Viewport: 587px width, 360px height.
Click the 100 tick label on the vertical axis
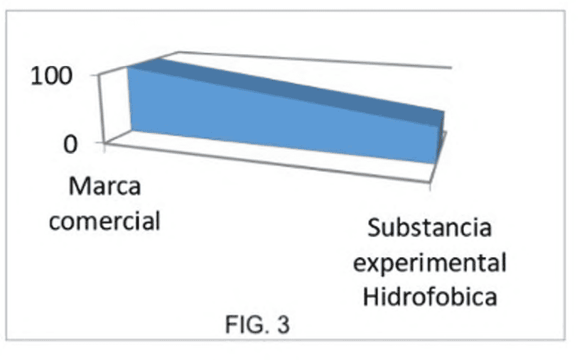click(51, 76)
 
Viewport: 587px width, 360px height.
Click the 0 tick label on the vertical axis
click(70, 144)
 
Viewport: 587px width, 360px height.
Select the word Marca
click(105, 186)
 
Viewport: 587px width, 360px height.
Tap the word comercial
click(104, 221)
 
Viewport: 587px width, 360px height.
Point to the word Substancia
click(429, 227)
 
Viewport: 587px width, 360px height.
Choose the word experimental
click(430, 263)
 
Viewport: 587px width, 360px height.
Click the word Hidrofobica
click(430, 297)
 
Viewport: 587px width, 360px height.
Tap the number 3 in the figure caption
click(284, 324)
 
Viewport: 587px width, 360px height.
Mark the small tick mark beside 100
click(95, 75)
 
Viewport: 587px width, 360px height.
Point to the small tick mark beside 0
click(99, 143)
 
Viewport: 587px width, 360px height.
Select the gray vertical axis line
click(102, 109)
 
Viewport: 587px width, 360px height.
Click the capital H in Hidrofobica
click(370, 297)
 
